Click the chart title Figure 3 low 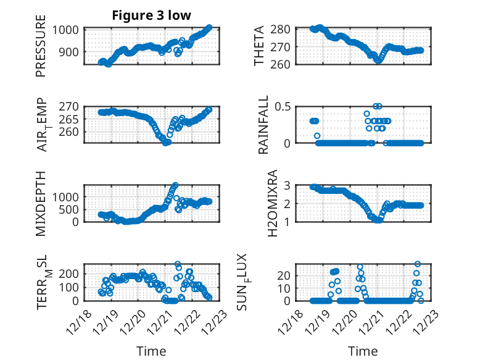pos(151,15)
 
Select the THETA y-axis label pos(259,46)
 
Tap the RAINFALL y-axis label pos(263,125)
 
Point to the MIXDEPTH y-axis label pos(41,203)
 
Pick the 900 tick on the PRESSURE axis pos(68,52)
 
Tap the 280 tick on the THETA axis pos(290,29)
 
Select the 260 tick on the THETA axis pos(290,64)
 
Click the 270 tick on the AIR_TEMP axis pos(68,107)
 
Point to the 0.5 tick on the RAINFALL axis pos(292,107)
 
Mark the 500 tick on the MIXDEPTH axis pos(68,209)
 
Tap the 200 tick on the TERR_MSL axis pos(68,273)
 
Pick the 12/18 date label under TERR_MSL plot pos(80,322)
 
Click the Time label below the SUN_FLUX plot pos(363,351)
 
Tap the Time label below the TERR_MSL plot pos(151,351)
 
